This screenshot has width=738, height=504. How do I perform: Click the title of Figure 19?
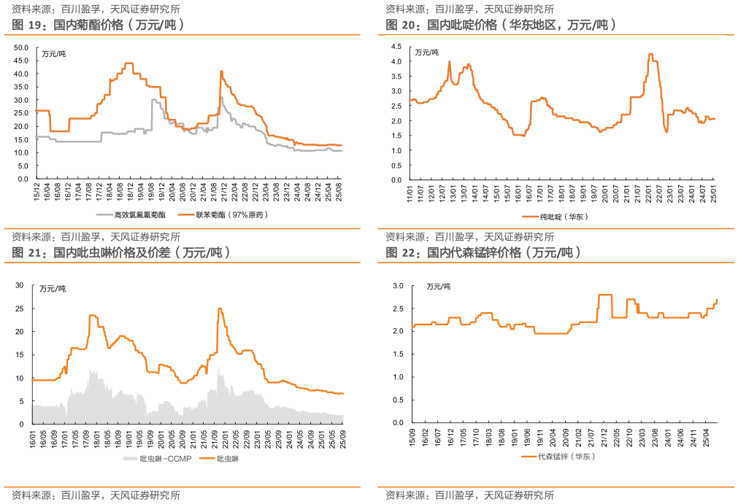[99, 25]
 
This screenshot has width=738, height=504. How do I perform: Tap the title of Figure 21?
[121, 252]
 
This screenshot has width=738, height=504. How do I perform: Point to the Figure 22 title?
[483, 252]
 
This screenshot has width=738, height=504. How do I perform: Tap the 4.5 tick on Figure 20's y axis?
[397, 46]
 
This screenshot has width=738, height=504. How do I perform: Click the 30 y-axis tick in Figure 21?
[20, 285]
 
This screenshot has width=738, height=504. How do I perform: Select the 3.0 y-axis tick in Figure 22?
[397, 286]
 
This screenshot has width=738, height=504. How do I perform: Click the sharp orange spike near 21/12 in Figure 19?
[220, 71]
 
